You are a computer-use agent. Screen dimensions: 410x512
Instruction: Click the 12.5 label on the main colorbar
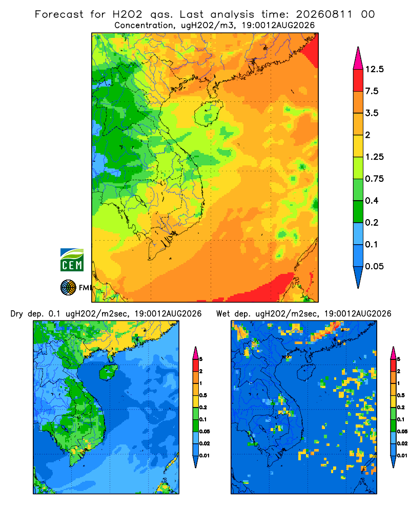click(x=374, y=69)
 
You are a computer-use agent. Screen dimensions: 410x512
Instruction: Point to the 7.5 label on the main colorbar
click(x=372, y=91)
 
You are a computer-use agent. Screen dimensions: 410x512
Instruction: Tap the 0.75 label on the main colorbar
click(x=374, y=179)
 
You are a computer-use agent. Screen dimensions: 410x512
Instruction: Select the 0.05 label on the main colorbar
click(x=374, y=266)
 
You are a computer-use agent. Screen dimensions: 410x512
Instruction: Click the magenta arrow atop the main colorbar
click(x=358, y=58)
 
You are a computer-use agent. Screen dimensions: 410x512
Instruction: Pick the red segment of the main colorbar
click(x=358, y=80)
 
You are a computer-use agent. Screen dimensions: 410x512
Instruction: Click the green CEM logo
click(x=72, y=260)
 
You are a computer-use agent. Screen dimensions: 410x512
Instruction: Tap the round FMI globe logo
click(x=68, y=287)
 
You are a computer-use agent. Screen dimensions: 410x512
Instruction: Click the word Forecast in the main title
click(x=59, y=14)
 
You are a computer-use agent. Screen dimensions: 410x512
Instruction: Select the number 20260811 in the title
click(x=324, y=14)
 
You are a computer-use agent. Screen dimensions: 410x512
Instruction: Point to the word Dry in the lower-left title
click(x=17, y=314)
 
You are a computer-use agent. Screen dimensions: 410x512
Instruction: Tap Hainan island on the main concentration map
click(x=208, y=113)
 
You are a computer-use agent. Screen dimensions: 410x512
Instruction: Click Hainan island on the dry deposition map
click(x=109, y=372)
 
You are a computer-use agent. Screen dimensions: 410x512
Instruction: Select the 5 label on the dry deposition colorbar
click(x=201, y=359)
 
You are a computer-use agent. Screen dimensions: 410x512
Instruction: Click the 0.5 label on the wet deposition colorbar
click(x=401, y=395)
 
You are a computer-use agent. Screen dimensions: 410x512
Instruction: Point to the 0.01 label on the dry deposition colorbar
click(x=204, y=456)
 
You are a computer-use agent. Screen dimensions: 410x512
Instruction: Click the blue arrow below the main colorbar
click(x=358, y=277)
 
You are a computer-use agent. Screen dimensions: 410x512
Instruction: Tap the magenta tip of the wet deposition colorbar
click(x=393, y=353)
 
